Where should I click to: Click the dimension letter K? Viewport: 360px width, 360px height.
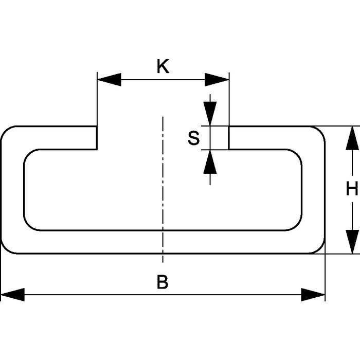[163, 67]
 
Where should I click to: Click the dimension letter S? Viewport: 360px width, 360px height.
[193, 138]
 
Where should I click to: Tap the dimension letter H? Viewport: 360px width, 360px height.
[352, 190]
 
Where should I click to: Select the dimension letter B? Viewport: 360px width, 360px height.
[162, 282]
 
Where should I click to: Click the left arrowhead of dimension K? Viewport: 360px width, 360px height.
[109, 79]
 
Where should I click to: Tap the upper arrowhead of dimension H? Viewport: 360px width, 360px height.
[352, 138]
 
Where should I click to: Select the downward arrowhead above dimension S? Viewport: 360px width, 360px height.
[210, 114]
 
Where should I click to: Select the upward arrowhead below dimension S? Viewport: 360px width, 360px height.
[210, 161]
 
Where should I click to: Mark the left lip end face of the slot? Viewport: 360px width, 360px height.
[97, 138]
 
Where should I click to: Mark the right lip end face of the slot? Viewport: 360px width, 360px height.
[229, 138]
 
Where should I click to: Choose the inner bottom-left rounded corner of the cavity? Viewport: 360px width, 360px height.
[28, 225]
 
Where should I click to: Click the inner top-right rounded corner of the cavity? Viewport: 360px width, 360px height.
[297, 155]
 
